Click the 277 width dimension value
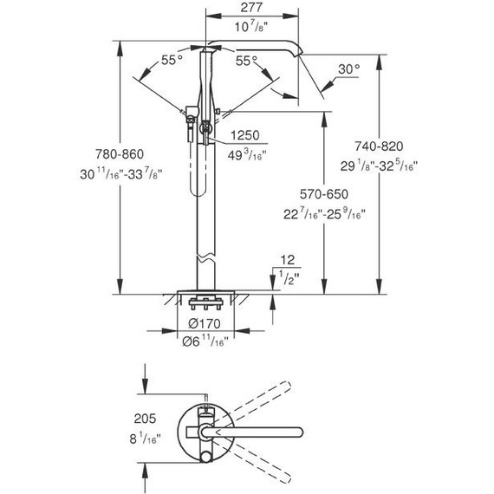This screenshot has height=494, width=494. (251, 8)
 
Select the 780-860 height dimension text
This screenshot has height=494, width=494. (120, 154)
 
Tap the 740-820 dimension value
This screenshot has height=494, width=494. (379, 146)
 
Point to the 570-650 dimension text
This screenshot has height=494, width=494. (324, 194)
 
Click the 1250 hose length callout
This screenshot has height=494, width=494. (245, 135)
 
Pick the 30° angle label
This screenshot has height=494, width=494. (348, 69)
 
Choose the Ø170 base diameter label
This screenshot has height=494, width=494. (205, 323)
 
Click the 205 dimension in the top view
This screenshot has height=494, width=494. (145, 419)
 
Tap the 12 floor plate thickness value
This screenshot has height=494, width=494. (288, 260)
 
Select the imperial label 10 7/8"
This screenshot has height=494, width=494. (251, 27)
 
